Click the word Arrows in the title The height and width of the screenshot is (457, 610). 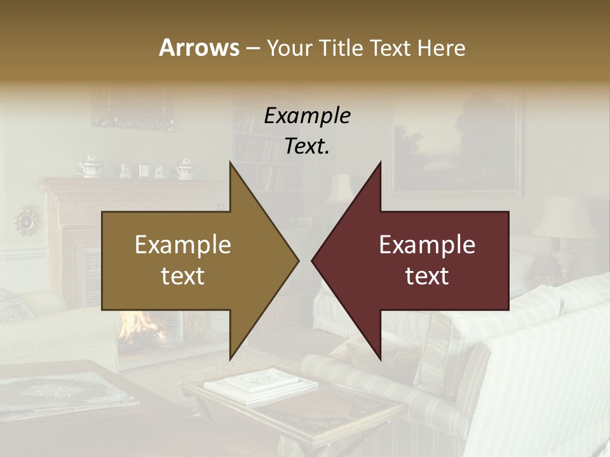[x=199, y=48]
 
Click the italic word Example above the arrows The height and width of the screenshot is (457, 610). [x=308, y=116]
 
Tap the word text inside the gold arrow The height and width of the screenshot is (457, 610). [x=182, y=276]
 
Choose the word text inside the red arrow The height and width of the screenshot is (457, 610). [x=427, y=276]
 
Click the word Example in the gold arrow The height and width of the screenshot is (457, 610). [x=182, y=245]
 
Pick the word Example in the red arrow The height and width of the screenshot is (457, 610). [x=427, y=245]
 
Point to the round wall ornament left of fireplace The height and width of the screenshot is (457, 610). [x=27, y=220]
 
